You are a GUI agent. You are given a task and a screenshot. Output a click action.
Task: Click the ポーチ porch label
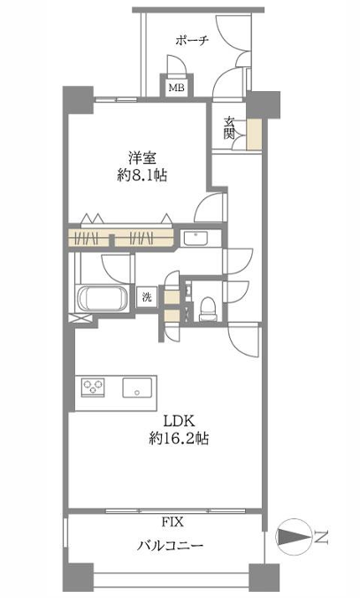click(x=192, y=40)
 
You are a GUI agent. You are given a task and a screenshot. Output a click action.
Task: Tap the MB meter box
click(x=177, y=87)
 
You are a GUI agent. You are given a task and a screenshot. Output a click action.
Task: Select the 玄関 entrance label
click(x=229, y=128)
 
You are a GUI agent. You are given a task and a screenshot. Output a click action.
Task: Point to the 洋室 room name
click(x=142, y=158)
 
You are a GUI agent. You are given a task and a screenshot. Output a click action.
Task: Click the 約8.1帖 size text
click(x=142, y=175)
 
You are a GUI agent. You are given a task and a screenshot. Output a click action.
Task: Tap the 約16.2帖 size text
click(x=179, y=439)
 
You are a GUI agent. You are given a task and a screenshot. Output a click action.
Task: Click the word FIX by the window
click(x=172, y=522)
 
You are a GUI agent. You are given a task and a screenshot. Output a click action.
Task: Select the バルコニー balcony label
click(x=170, y=546)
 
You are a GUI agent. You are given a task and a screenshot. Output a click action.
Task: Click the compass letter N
click(x=321, y=537)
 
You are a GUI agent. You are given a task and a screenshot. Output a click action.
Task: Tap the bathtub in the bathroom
click(x=103, y=299)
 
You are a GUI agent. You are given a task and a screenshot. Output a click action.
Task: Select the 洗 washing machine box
click(x=147, y=296)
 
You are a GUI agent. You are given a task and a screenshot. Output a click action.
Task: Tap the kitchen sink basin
click(x=137, y=387)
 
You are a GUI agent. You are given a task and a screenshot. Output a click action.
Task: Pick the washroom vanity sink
click(x=195, y=239)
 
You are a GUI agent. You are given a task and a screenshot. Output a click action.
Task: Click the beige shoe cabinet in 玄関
click(x=254, y=134)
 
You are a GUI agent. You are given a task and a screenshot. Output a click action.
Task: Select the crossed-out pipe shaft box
click(x=80, y=318)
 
